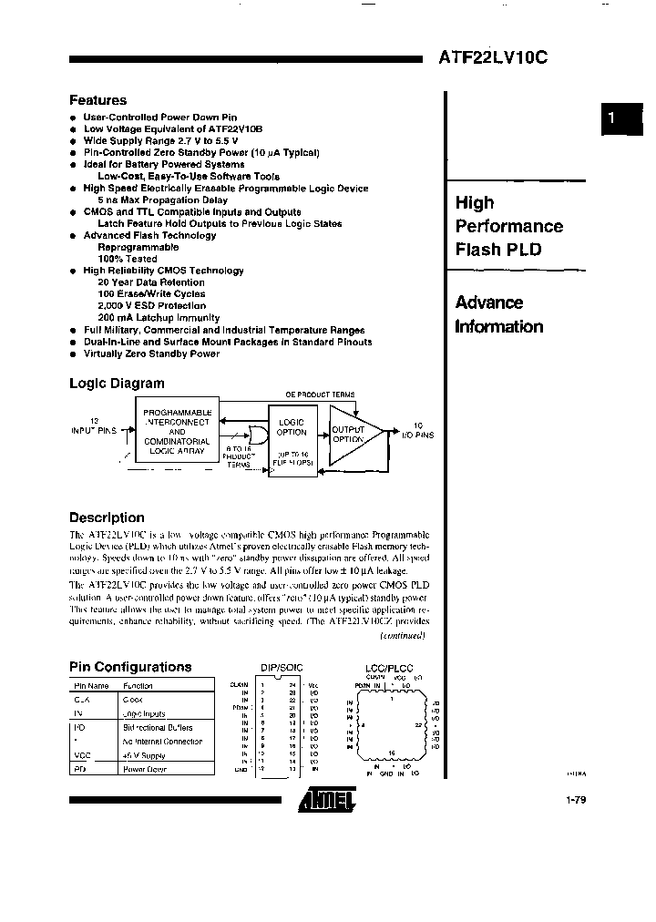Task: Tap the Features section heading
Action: point(97,100)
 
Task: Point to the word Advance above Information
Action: point(489,302)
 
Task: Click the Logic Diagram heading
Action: point(117,384)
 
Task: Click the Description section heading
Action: point(107,517)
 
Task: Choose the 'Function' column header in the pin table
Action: point(138,685)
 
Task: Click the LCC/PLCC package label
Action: point(384,668)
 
